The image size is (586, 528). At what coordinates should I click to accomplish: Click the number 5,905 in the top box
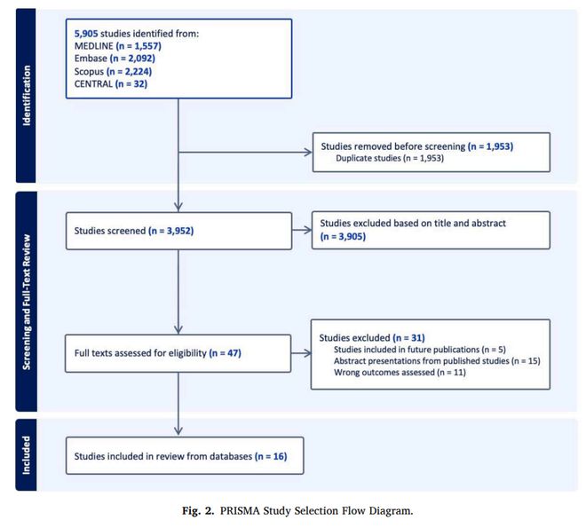86,34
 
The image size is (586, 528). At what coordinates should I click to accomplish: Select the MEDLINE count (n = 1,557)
139,46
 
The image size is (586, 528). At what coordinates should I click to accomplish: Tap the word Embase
91,59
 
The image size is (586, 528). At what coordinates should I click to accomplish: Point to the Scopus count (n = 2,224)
129,71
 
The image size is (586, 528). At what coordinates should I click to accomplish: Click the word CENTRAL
93,83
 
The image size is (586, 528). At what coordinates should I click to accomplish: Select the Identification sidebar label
26,96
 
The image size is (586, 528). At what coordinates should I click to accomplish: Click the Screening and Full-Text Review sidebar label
26,302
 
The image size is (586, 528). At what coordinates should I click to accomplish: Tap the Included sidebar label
26,455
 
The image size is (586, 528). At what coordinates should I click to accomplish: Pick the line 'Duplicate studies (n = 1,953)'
390,158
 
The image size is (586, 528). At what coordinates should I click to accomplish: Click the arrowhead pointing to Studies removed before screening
308,152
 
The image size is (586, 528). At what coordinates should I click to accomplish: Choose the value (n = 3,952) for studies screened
171,231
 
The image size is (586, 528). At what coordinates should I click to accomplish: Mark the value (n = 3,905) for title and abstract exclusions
343,236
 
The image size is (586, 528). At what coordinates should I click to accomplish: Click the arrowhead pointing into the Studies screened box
178,208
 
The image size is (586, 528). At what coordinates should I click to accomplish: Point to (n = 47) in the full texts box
225,353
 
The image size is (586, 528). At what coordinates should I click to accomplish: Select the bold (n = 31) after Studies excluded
408,338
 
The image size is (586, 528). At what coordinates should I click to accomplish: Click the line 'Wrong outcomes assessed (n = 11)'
400,373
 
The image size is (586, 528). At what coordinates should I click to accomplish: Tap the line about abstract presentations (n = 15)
437,361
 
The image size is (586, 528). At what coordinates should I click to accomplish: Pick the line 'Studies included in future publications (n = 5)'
420,350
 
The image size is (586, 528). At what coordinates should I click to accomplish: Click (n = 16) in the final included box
271,456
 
